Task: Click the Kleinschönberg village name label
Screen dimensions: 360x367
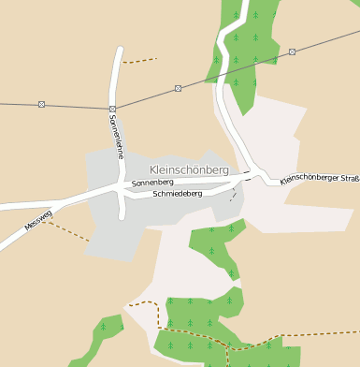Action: pos(188,169)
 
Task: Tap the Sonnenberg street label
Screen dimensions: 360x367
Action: pos(152,182)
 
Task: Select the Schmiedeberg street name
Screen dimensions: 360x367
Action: pos(178,194)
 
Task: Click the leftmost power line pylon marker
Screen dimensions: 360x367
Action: pos(41,104)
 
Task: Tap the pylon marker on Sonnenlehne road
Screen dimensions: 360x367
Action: pos(112,109)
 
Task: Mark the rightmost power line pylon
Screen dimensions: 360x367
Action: pos(293,51)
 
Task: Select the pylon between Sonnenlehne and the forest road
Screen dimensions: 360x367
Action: pos(178,89)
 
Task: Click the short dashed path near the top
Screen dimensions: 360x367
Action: pos(139,61)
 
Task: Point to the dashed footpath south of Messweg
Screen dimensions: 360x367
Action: pos(65,229)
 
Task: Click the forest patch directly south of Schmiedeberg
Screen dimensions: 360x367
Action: pos(218,245)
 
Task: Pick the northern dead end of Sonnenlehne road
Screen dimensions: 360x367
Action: pos(119,50)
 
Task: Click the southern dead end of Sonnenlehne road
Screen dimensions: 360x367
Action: pos(122,217)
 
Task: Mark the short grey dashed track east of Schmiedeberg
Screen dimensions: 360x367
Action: pos(233,194)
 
